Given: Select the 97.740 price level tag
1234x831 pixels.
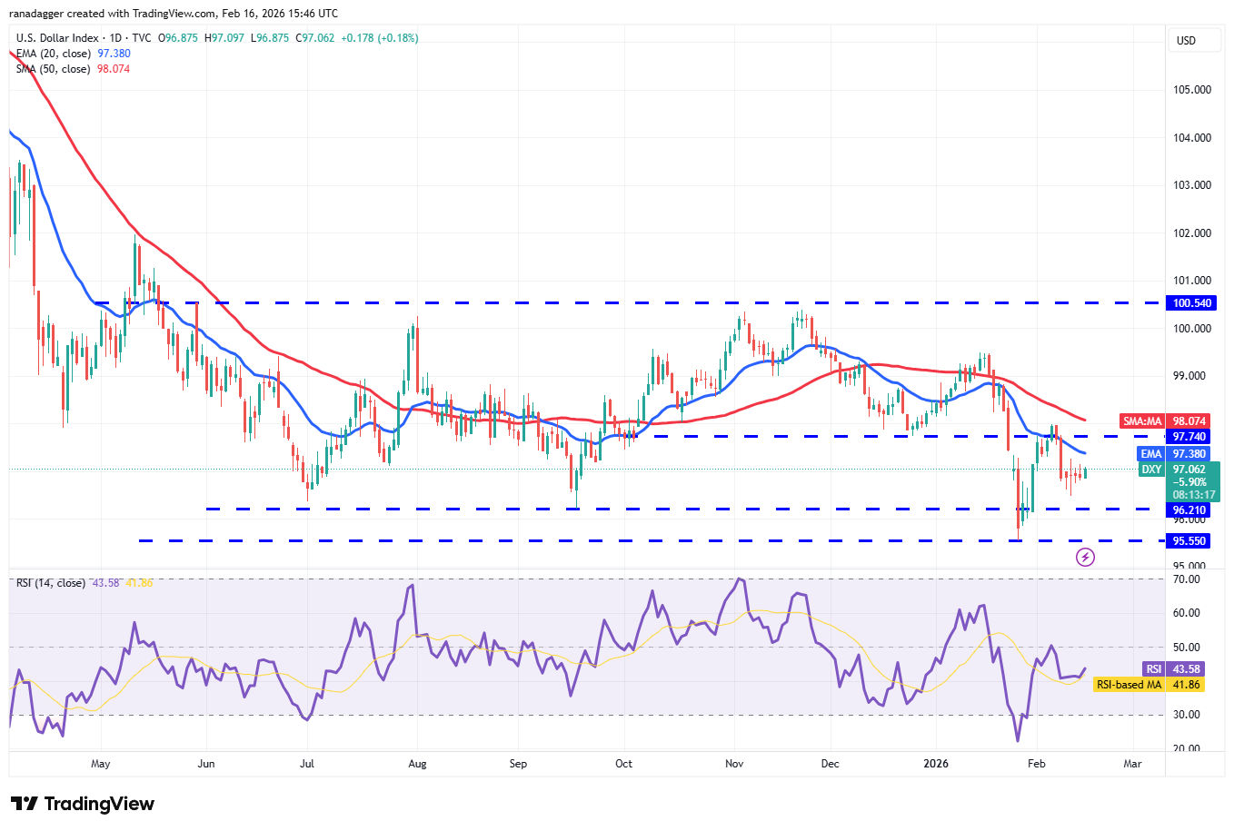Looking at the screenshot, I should (x=1189, y=437).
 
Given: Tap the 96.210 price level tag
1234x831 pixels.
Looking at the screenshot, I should (x=1189, y=510).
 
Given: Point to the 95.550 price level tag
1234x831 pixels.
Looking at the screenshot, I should (x=1189, y=541).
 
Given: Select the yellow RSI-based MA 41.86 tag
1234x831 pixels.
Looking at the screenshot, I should (x=1149, y=685).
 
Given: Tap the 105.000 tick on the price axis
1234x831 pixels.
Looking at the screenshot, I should (x=1191, y=90).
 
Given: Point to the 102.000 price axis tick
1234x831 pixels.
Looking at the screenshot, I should (x=1191, y=233).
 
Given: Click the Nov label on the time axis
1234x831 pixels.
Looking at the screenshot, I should (x=734, y=764).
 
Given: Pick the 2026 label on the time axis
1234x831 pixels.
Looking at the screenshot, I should (x=935, y=764).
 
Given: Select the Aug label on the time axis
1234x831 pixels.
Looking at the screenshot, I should (x=417, y=764).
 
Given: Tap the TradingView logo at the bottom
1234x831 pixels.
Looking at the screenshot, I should (x=83, y=804).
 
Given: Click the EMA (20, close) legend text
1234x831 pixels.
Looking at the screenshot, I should (x=53, y=54).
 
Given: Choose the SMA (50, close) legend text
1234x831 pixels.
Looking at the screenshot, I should (x=53, y=69).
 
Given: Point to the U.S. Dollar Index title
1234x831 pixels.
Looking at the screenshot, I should (x=57, y=38).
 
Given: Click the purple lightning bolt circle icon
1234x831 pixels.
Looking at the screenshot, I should (x=1085, y=557).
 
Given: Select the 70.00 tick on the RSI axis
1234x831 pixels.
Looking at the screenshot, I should (x=1187, y=579).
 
